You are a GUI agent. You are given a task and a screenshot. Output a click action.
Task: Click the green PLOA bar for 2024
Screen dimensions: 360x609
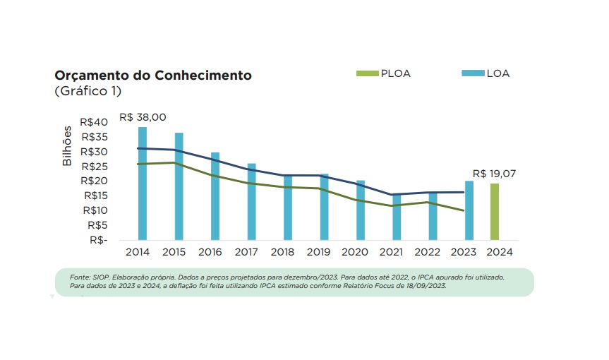tap(495, 212)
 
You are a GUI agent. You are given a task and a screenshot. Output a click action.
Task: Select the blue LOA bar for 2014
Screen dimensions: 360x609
tap(143, 184)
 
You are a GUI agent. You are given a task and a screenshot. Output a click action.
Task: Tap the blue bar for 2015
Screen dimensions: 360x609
tap(179, 186)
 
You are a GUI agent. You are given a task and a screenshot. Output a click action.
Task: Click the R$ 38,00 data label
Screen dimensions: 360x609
tap(143, 117)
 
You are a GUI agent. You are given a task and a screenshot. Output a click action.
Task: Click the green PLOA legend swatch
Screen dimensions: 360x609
tap(368, 73)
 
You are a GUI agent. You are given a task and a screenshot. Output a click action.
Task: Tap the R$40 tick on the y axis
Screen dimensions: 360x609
tap(95, 122)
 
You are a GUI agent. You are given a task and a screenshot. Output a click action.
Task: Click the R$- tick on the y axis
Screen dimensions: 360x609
tap(98, 240)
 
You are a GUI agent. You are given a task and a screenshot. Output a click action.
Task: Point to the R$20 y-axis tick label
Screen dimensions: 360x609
tap(95, 181)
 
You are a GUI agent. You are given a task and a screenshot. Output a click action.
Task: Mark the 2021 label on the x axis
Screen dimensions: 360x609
tap(396, 251)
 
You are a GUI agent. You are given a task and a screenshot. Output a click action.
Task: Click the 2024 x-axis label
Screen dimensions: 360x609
tap(499, 251)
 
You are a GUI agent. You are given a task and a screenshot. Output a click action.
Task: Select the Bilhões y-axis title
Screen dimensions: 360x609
tap(68, 147)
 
